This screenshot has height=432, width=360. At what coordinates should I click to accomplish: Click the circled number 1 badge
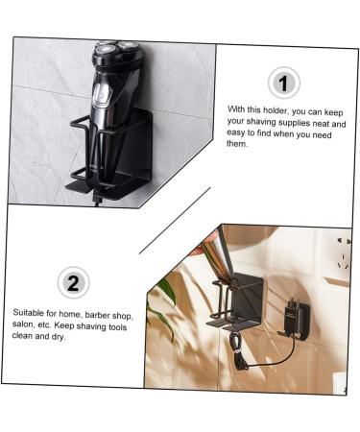(x=282, y=83)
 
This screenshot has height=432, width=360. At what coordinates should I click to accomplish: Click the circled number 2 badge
(x=75, y=282)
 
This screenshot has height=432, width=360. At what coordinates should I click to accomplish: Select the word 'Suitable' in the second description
(x=29, y=314)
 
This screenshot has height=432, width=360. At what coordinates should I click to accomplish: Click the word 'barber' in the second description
(x=95, y=314)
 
